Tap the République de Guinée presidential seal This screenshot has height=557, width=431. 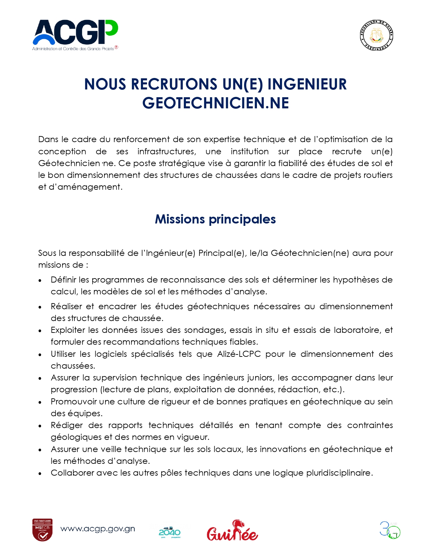click(x=376, y=35)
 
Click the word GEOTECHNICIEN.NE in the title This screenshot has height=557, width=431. click(x=215, y=103)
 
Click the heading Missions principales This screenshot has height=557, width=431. click(x=215, y=219)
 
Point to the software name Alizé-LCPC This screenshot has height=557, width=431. click(x=239, y=354)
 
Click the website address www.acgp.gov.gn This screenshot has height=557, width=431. click(x=98, y=529)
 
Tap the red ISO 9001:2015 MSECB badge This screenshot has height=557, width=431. click(x=42, y=530)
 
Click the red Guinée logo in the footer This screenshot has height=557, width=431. click(x=232, y=531)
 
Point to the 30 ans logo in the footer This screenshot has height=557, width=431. click(x=390, y=530)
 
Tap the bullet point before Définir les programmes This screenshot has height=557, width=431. click(x=40, y=281)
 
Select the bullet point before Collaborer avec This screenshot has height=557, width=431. click(x=40, y=474)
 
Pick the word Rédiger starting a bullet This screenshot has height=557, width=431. click(x=67, y=425)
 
